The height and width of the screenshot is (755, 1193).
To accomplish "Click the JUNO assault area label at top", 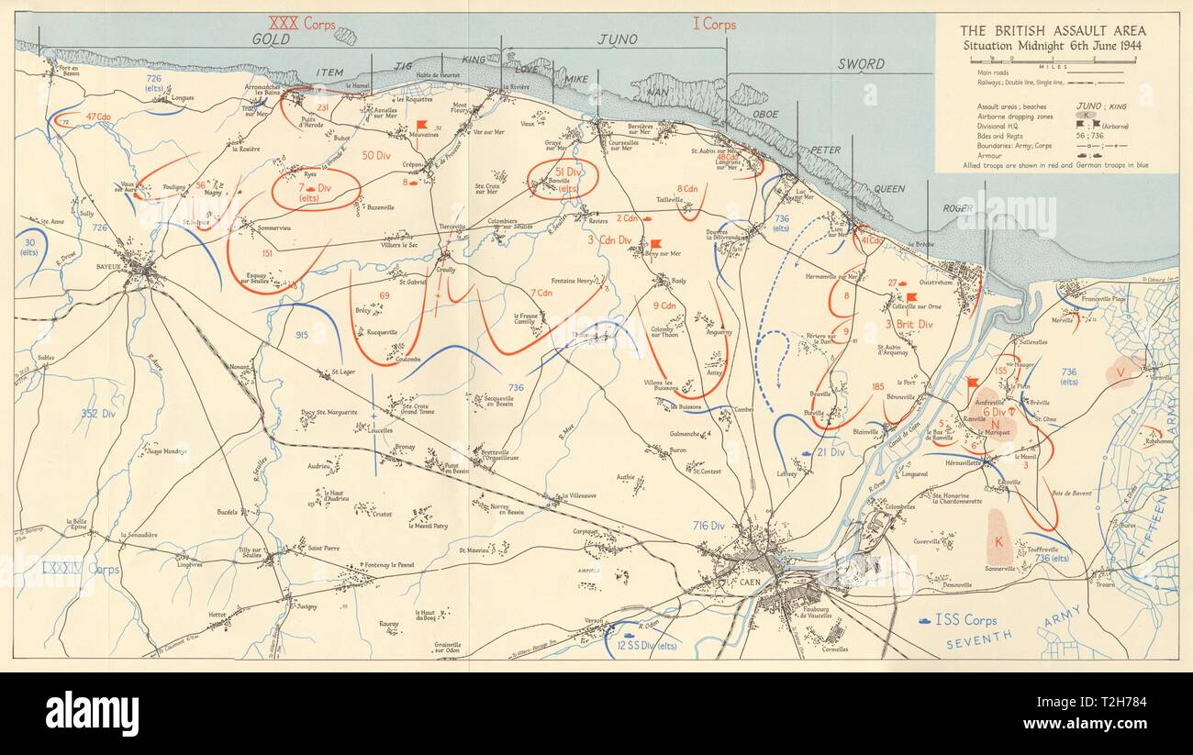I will (x=617, y=39).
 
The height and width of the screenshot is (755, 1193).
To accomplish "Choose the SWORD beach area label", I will (x=860, y=64).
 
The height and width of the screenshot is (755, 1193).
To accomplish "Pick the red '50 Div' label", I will (x=379, y=155).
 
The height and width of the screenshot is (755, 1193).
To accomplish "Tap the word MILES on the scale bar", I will (x=1053, y=66).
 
